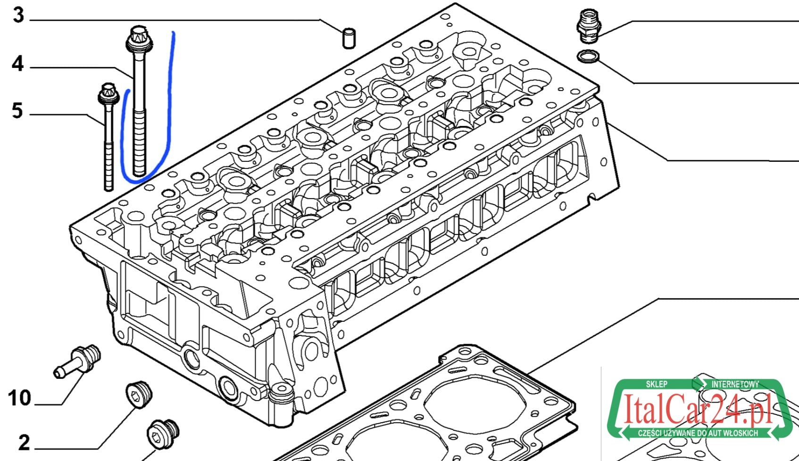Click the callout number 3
click(x=18, y=16)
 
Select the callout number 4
click(x=18, y=64)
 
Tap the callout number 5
click(x=17, y=110)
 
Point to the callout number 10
click(x=20, y=398)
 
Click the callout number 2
click(x=24, y=443)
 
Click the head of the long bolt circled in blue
click(x=139, y=39)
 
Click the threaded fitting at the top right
click(x=589, y=25)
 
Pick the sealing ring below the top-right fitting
click(x=588, y=56)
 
